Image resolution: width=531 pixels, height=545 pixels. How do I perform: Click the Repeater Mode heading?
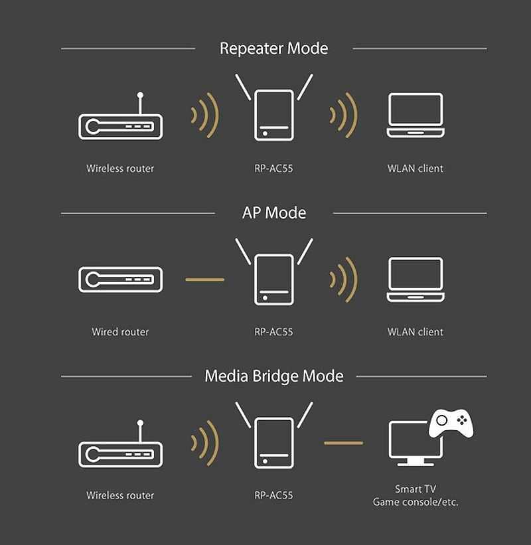click(x=274, y=48)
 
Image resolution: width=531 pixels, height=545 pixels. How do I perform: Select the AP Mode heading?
click(x=274, y=212)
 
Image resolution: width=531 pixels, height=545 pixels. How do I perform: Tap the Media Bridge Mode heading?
click(x=274, y=376)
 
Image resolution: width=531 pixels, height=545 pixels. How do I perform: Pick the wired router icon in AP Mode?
click(x=120, y=279)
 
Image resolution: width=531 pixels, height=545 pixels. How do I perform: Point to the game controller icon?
click(x=451, y=423)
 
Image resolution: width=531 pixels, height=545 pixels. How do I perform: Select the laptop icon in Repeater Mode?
click(x=416, y=115)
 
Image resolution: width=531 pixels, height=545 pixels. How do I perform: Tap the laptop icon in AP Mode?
click(x=416, y=279)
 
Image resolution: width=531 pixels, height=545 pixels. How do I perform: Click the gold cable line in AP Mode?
click(x=204, y=279)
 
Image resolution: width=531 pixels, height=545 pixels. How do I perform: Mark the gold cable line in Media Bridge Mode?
click(x=344, y=443)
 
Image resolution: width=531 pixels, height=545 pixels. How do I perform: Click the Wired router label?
click(x=120, y=332)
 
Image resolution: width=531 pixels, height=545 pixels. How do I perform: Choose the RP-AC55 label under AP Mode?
click(x=274, y=332)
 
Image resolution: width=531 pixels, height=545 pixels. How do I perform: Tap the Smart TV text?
click(x=416, y=489)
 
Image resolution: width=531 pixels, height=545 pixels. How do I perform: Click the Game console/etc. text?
click(x=416, y=502)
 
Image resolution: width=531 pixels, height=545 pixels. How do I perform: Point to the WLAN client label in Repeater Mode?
click(x=416, y=169)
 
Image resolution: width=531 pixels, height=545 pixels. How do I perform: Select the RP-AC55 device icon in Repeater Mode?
click(x=274, y=108)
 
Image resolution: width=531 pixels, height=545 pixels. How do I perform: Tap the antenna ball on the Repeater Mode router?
click(x=140, y=95)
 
